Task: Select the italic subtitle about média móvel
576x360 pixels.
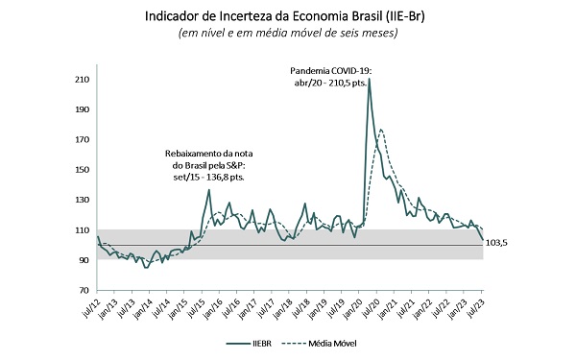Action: click(288, 33)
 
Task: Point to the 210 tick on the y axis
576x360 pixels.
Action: click(83, 80)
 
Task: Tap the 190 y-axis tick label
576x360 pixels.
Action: click(83, 109)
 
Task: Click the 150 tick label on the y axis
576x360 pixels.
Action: click(83, 170)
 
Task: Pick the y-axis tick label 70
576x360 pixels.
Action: click(84, 290)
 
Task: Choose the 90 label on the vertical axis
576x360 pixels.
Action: click(84, 260)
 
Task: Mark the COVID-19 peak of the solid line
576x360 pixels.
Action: click(370, 79)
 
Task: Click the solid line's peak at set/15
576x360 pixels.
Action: click(209, 190)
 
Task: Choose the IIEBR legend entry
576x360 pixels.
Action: click(249, 344)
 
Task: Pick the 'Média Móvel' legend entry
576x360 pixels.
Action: click(320, 344)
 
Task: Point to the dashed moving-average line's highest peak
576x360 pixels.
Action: click(380, 130)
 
